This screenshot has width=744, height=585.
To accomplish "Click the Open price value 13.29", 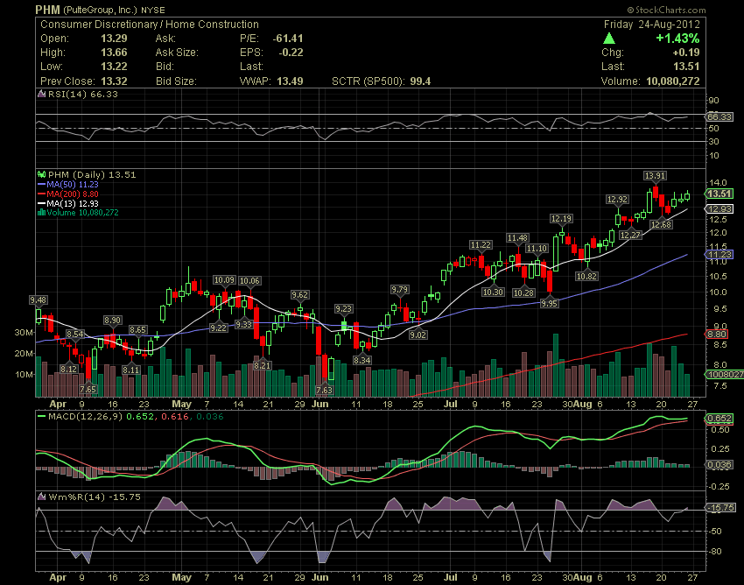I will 128,39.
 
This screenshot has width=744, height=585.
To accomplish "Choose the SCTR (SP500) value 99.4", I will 418,81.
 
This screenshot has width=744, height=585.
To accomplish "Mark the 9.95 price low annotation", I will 550,303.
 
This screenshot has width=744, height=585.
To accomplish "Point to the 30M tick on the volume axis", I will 23,333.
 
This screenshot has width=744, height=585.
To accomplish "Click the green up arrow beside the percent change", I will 609,39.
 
